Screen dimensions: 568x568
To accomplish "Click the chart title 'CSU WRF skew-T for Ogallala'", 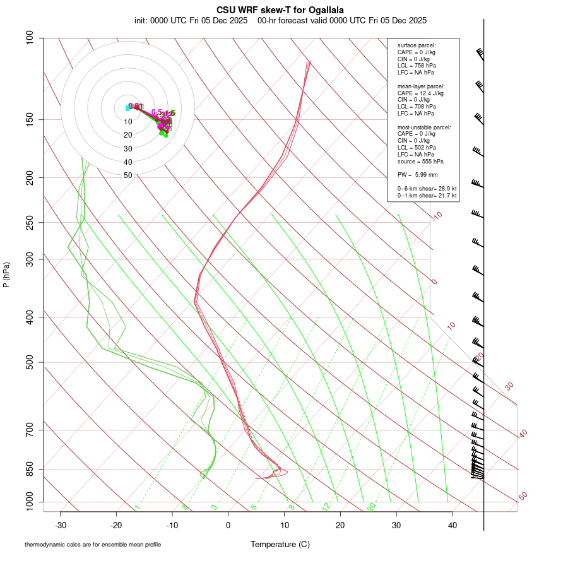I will point(280,10).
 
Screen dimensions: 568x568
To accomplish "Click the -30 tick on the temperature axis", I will point(61,525).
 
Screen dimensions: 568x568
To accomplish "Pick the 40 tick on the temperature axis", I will point(452,525).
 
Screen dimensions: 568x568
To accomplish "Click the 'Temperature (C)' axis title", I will point(280,544).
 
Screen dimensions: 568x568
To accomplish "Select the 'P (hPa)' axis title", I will point(6,275).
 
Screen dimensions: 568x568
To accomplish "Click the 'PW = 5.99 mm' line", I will point(417,175).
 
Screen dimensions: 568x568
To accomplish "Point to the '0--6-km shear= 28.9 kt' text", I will point(427,189).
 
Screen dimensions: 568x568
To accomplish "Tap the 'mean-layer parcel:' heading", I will point(421,86).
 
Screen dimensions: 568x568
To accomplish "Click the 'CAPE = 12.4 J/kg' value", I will point(420,93).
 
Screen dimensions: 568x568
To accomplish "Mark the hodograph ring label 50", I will point(128,175).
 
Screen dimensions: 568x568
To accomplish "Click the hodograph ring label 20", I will point(128,135).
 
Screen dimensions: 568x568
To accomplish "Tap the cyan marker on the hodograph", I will point(127,108).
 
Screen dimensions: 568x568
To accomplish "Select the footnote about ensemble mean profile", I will point(93,545).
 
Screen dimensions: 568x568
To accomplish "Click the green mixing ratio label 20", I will point(372,506).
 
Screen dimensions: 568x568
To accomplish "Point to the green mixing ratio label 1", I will point(137,507).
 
